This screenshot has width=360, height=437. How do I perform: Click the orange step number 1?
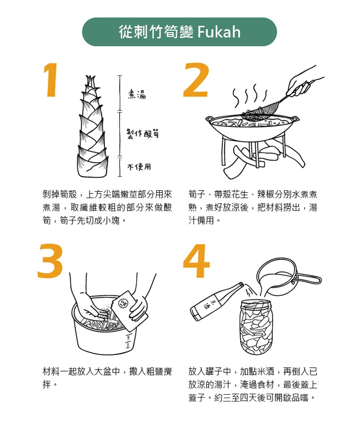[52, 81]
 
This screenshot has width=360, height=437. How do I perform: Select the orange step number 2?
[196, 81]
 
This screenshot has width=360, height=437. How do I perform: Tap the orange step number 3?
[51, 261]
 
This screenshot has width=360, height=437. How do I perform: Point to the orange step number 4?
[196, 261]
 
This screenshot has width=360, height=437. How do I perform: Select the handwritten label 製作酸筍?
[143, 133]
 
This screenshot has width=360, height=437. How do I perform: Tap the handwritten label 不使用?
[139, 167]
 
